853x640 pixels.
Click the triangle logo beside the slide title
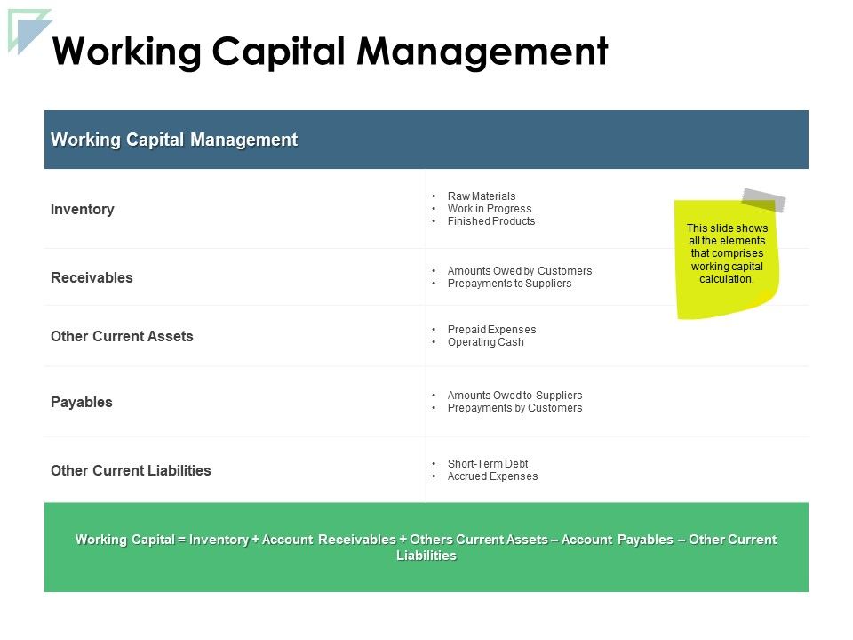pos(28,30)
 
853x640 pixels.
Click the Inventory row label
pos(82,210)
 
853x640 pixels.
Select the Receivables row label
pos(92,277)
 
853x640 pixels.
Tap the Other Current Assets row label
pos(122,336)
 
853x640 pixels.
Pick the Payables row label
pos(82,402)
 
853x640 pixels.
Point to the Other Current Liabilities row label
pos(131,470)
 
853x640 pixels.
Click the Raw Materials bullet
pos(482,196)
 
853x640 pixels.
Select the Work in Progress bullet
pos(490,208)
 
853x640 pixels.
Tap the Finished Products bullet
pos(491,221)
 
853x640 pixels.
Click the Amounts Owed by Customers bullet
pos(520,270)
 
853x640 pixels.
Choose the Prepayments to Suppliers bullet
pos(509,284)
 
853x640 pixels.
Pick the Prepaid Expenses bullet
pos(491,329)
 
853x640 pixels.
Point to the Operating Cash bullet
pos(486,341)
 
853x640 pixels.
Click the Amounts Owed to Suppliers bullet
pos(514,395)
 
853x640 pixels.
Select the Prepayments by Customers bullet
pos(514,408)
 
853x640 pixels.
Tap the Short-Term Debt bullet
pos(488,464)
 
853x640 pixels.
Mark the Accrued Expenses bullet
pos(492,476)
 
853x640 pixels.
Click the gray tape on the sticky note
pos(764,200)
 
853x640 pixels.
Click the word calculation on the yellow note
pos(726,278)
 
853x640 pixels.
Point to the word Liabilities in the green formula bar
pos(426,556)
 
